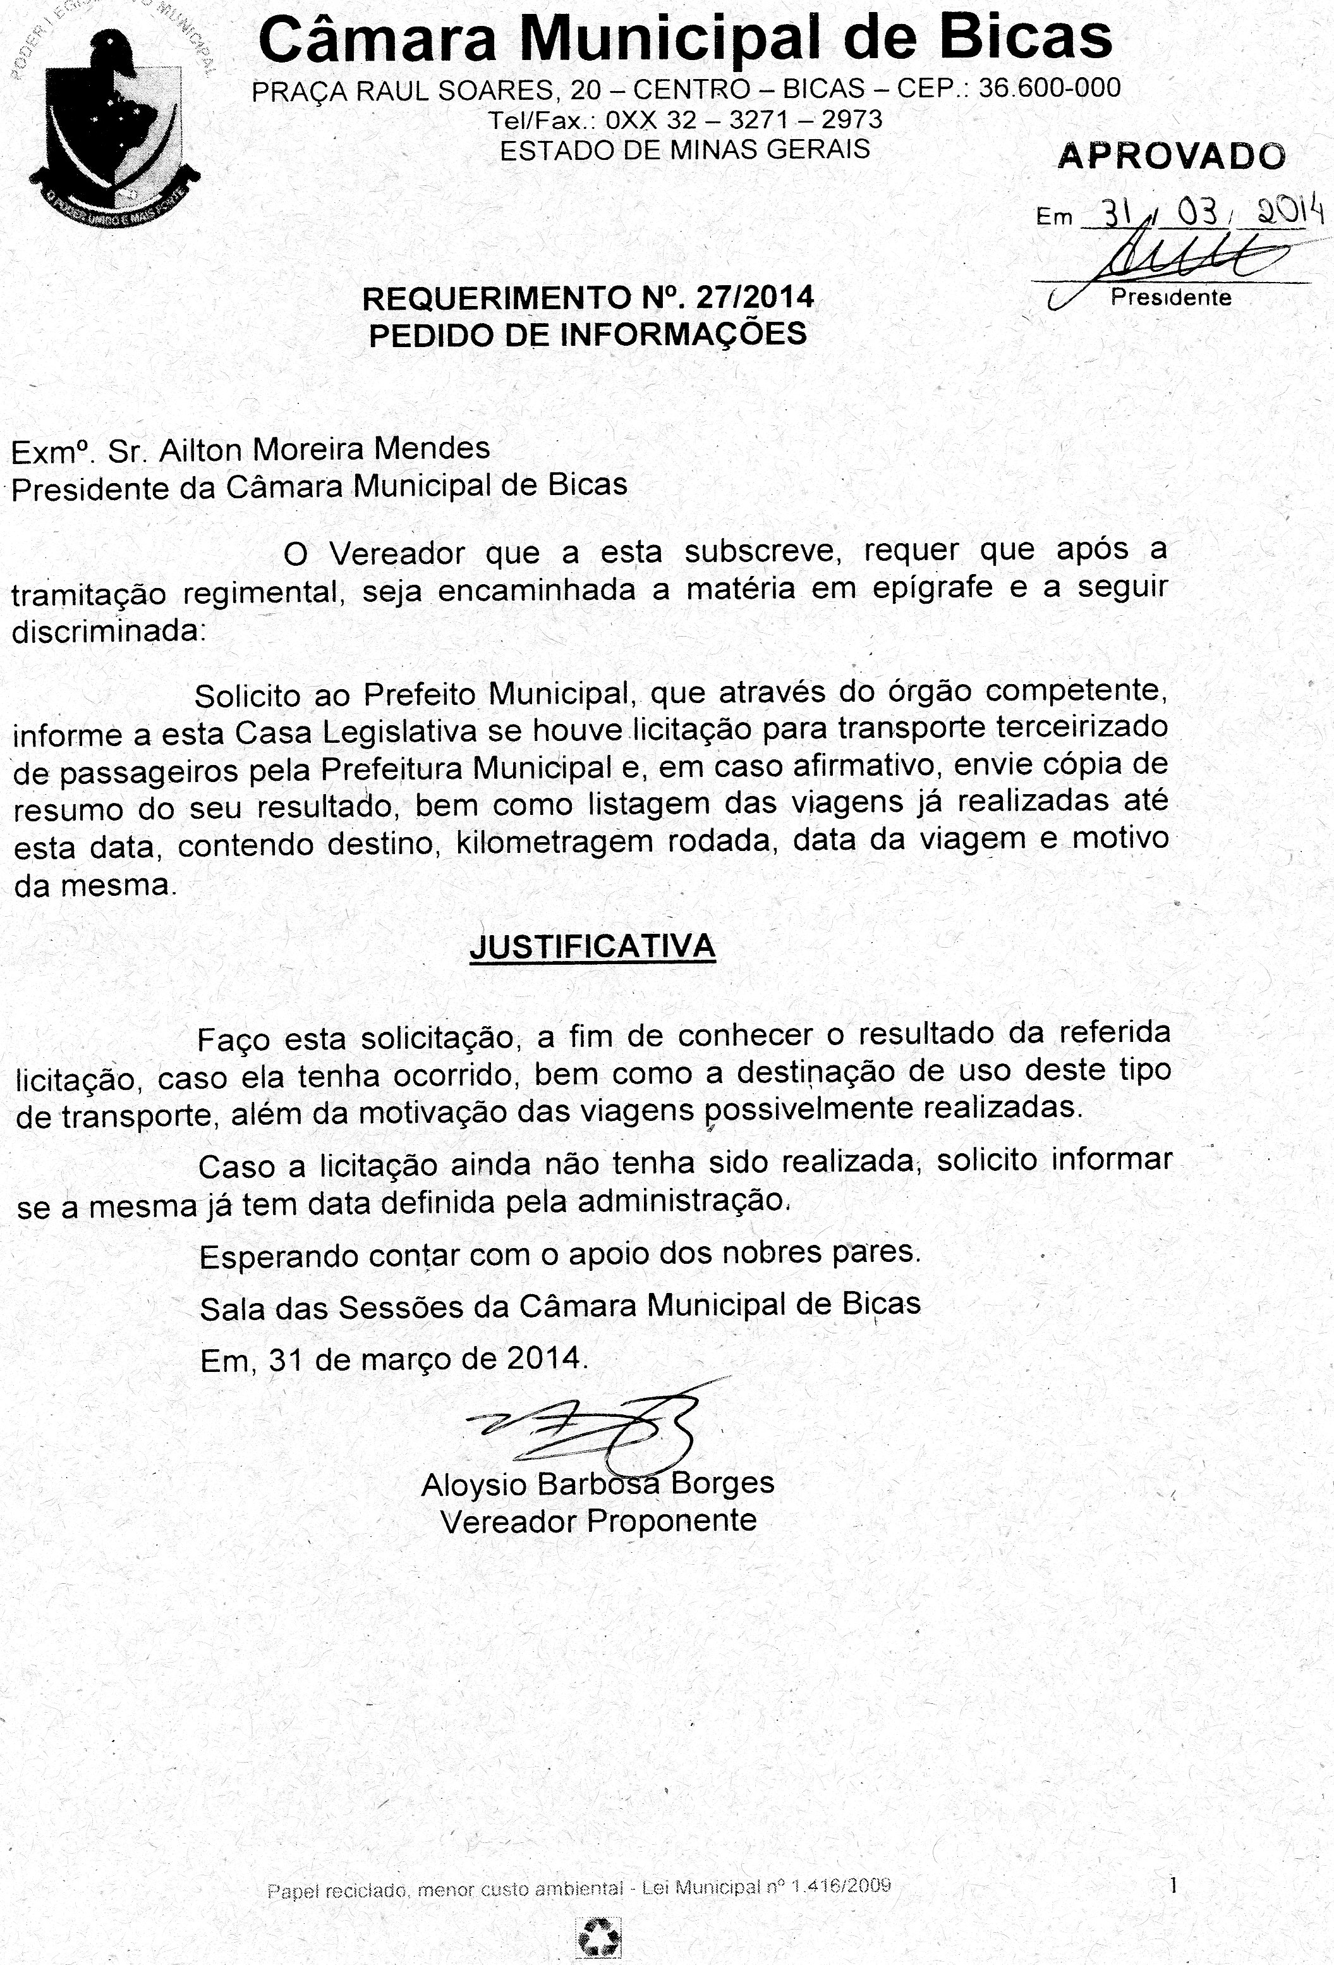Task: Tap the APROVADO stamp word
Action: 1171,156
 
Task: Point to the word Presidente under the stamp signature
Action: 1171,298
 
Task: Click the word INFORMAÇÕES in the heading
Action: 683,335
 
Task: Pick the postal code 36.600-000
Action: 1049,88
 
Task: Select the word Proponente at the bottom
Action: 671,1521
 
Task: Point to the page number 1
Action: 1173,1884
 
